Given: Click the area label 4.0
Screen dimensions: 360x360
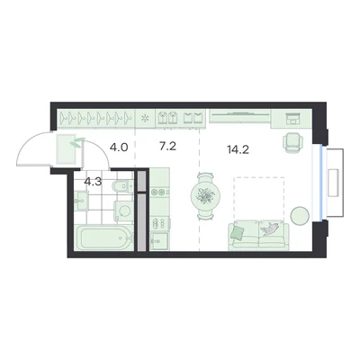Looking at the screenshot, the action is (119, 148).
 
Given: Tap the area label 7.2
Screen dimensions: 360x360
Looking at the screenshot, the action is (167, 147).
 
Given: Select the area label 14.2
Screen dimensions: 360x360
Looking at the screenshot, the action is (238, 149).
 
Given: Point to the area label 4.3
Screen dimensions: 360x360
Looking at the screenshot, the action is (93, 182).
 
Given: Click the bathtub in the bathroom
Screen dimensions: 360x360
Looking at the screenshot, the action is (103, 238).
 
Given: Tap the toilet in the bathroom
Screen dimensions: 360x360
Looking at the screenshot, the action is (121, 186).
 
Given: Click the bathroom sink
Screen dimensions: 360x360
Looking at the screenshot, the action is (81, 201).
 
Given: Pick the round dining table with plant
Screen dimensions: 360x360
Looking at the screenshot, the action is (206, 196).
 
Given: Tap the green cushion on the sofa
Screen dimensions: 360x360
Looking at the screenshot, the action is (238, 232).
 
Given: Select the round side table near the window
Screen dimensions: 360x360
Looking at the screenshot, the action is (300, 216).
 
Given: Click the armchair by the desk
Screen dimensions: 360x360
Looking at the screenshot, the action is (292, 143).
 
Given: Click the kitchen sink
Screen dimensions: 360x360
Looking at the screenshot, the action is (159, 241).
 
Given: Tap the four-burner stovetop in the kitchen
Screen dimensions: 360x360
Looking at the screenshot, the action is (159, 223).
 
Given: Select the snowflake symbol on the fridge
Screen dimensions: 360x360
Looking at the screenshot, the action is (145, 119).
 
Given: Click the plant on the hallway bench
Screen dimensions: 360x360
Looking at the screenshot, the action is (76, 142).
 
